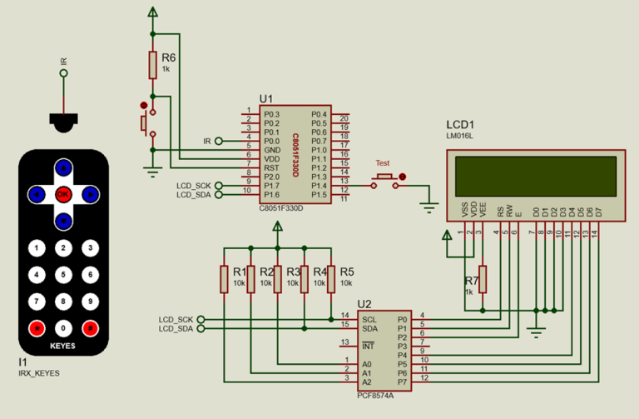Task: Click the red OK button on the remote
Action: (63, 194)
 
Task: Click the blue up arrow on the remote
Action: (63, 167)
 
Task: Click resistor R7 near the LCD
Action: (483, 280)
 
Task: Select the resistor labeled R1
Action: (224, 279)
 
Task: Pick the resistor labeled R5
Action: (330, 279)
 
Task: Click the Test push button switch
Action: (384, 177)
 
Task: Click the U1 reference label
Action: (265, 98)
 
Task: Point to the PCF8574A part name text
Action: (375, 395)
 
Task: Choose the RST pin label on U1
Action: (271, 167)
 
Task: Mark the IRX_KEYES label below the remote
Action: (39, 373)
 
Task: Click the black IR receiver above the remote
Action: (63, 121)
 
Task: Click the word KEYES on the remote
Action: (63, 345)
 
